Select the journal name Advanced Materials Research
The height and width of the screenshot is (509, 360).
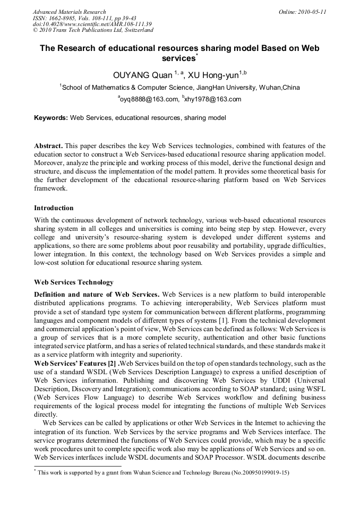(x=70, y=11)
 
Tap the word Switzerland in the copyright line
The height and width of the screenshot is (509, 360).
(x=134, y=30)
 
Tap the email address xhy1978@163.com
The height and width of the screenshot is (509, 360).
(x=213, y=99)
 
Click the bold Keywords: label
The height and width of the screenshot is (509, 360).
(x=51, y=118)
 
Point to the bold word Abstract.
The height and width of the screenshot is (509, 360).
(x=48, y=145)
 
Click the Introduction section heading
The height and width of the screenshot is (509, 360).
(x=54, y=208)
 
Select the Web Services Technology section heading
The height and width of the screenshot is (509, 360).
(x=73, y=282)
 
